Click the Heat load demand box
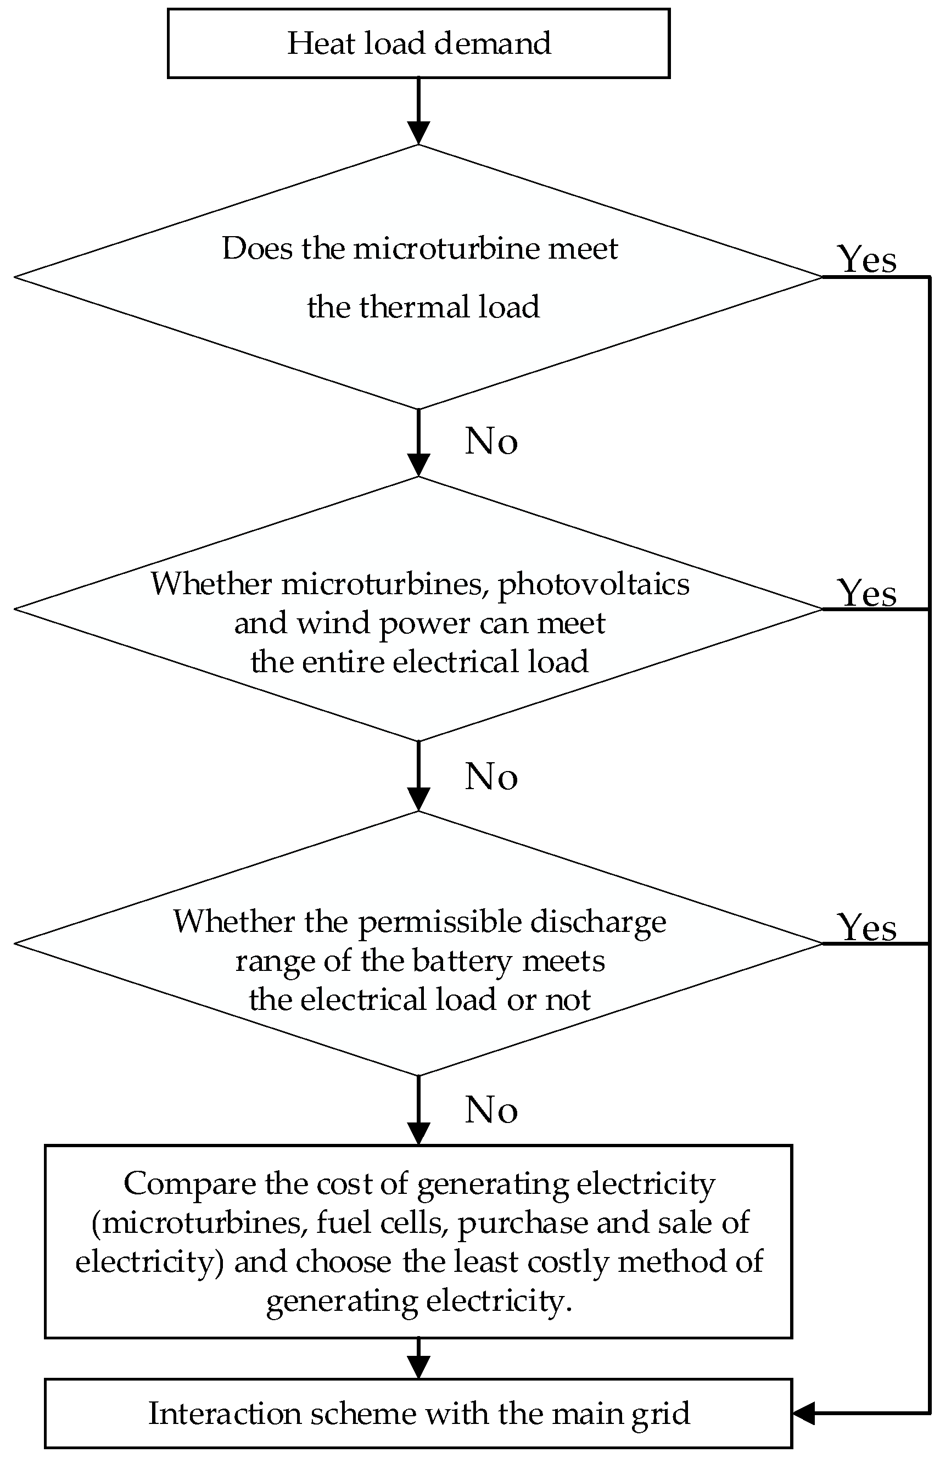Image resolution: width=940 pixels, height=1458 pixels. (419, 43)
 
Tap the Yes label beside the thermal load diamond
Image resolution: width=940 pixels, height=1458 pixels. (867, 259)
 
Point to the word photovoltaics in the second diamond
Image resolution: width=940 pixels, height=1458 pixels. (594, 585)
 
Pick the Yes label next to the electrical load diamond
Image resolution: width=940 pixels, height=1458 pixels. (867, 593)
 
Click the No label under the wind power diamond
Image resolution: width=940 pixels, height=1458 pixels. (491, 777)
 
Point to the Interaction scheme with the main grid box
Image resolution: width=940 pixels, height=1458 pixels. (419, 1414)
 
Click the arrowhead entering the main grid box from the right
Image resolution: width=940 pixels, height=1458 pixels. (803, 1413)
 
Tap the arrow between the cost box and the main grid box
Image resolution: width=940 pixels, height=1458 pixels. (419, 1359)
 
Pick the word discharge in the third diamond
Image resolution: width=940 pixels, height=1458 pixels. (597, 922)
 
